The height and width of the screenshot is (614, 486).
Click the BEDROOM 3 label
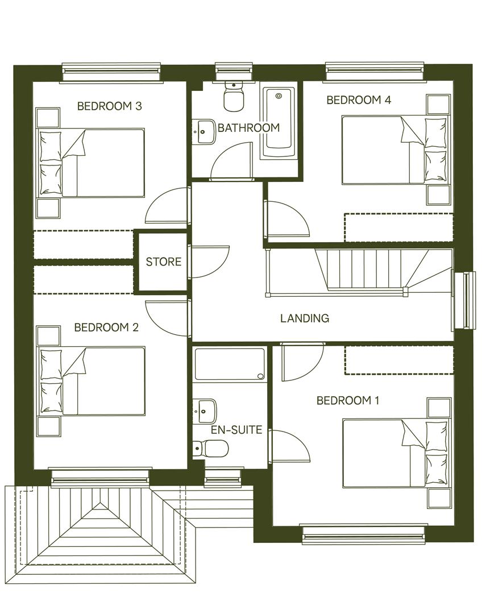tap(109, 106)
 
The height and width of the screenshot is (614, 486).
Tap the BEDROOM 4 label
tap(358, 100)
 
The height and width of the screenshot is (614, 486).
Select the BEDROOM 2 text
tap(106, 327)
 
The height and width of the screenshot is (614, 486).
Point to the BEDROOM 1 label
tap(348, 401)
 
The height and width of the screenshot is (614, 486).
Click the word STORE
tap(164, 262)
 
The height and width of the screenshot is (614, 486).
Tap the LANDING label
tap(305, 318)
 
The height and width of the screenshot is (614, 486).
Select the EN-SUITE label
tap(236, 430)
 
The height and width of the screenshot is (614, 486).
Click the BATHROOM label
tap(249, 128)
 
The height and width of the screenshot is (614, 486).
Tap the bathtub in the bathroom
tap(279, 122)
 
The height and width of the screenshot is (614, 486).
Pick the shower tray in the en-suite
tap(230, 364)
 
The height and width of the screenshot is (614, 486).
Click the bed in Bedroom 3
tap(92, 163)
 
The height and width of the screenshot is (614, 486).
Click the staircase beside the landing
tap(364, 270)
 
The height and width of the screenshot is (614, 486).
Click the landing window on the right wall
tap(464, 300)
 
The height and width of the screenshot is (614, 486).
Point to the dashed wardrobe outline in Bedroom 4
tap(398, 227)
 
